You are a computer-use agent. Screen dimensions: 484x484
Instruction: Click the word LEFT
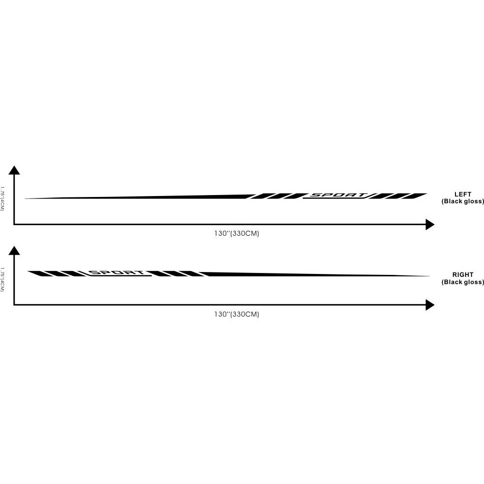click(x=463, y=194)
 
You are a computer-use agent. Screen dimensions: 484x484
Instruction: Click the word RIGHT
click(x=463, y=274)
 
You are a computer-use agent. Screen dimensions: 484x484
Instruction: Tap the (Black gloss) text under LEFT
click(x=463, y=201)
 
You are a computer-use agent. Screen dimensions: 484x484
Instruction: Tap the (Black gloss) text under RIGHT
click(x=463, y=282)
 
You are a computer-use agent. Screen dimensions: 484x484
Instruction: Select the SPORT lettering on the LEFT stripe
click(x=338, y=196)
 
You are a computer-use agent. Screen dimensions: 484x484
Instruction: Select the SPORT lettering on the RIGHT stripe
click(x=118, y=273)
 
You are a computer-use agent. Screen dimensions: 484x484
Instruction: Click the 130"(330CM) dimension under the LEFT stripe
click(x=237, y=233)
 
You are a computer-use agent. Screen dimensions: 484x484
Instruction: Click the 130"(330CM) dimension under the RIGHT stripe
click(x=237, y=314)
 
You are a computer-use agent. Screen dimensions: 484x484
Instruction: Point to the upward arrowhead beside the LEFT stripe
click(x=14, y=169)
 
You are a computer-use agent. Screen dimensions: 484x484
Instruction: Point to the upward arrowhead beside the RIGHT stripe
click(x=14, y=250)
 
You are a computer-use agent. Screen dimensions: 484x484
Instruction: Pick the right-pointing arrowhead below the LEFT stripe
click(x=430, y=225)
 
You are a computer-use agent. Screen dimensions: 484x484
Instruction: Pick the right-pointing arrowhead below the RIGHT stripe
click(x=430, y=305)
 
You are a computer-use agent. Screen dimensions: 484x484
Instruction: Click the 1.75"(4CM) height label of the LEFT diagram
click(x=2, y=198)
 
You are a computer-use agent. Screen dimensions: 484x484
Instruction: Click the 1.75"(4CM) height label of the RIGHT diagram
click(x=2, y=279)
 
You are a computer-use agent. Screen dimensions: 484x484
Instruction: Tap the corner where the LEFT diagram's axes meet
click(x=14, y=225)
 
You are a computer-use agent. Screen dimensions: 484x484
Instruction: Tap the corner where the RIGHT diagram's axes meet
click(x=14, y=305)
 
